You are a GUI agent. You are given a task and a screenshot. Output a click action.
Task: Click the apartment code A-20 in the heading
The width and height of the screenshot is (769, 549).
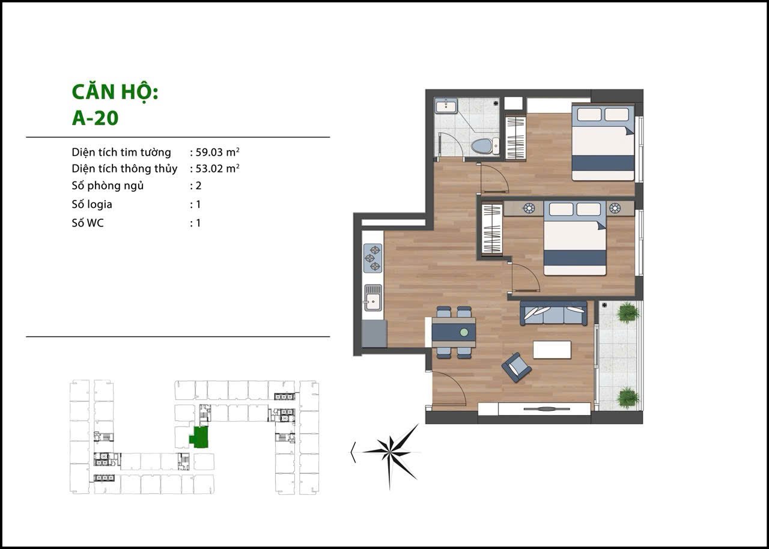pyautogui.click(x=95, y=118)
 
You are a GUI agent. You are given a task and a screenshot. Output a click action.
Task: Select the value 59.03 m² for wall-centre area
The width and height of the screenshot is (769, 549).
pyautogui.click(x=217, y=151)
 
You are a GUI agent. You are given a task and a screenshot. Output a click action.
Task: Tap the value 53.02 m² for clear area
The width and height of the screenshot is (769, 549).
pyautogui.click(x=217, y=168)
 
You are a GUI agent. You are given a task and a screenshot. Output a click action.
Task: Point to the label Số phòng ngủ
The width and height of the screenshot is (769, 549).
pyautogui.click(x=108, y=186)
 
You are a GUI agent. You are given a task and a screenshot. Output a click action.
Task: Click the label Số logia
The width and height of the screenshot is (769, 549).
pyautogui.click(x=92, y=204)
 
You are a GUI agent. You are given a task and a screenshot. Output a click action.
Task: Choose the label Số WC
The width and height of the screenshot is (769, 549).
pyautogui.click(x=88, y=223)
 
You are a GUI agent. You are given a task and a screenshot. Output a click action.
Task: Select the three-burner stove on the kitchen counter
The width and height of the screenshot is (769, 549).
pyautogui.click(x=372, y=258)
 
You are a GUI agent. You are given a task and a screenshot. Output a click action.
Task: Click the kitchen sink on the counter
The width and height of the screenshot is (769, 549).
pyautogui.click(x=373, y=297)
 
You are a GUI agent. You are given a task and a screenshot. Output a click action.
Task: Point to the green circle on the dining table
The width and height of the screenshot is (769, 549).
pyautogui.click(x=464, y=332)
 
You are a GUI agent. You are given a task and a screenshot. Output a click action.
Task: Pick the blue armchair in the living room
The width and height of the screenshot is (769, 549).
pyautogui.click(x=516, y=368)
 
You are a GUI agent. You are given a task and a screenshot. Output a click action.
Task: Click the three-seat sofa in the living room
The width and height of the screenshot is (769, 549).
pyautogui.click(x=553, y=314)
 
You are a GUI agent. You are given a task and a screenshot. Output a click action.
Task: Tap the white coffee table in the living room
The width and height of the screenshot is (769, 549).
pyautogui.click(x=552, y=350)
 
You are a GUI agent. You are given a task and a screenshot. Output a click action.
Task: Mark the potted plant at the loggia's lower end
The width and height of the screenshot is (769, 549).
pyautogui.click(x=628, y=398)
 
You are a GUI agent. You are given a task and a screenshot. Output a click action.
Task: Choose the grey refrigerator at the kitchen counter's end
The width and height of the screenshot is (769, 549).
pyautogui.click(x=375, y=333)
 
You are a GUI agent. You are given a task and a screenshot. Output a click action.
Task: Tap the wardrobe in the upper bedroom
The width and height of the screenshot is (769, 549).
pyautogui.click(x=516, y=138)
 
